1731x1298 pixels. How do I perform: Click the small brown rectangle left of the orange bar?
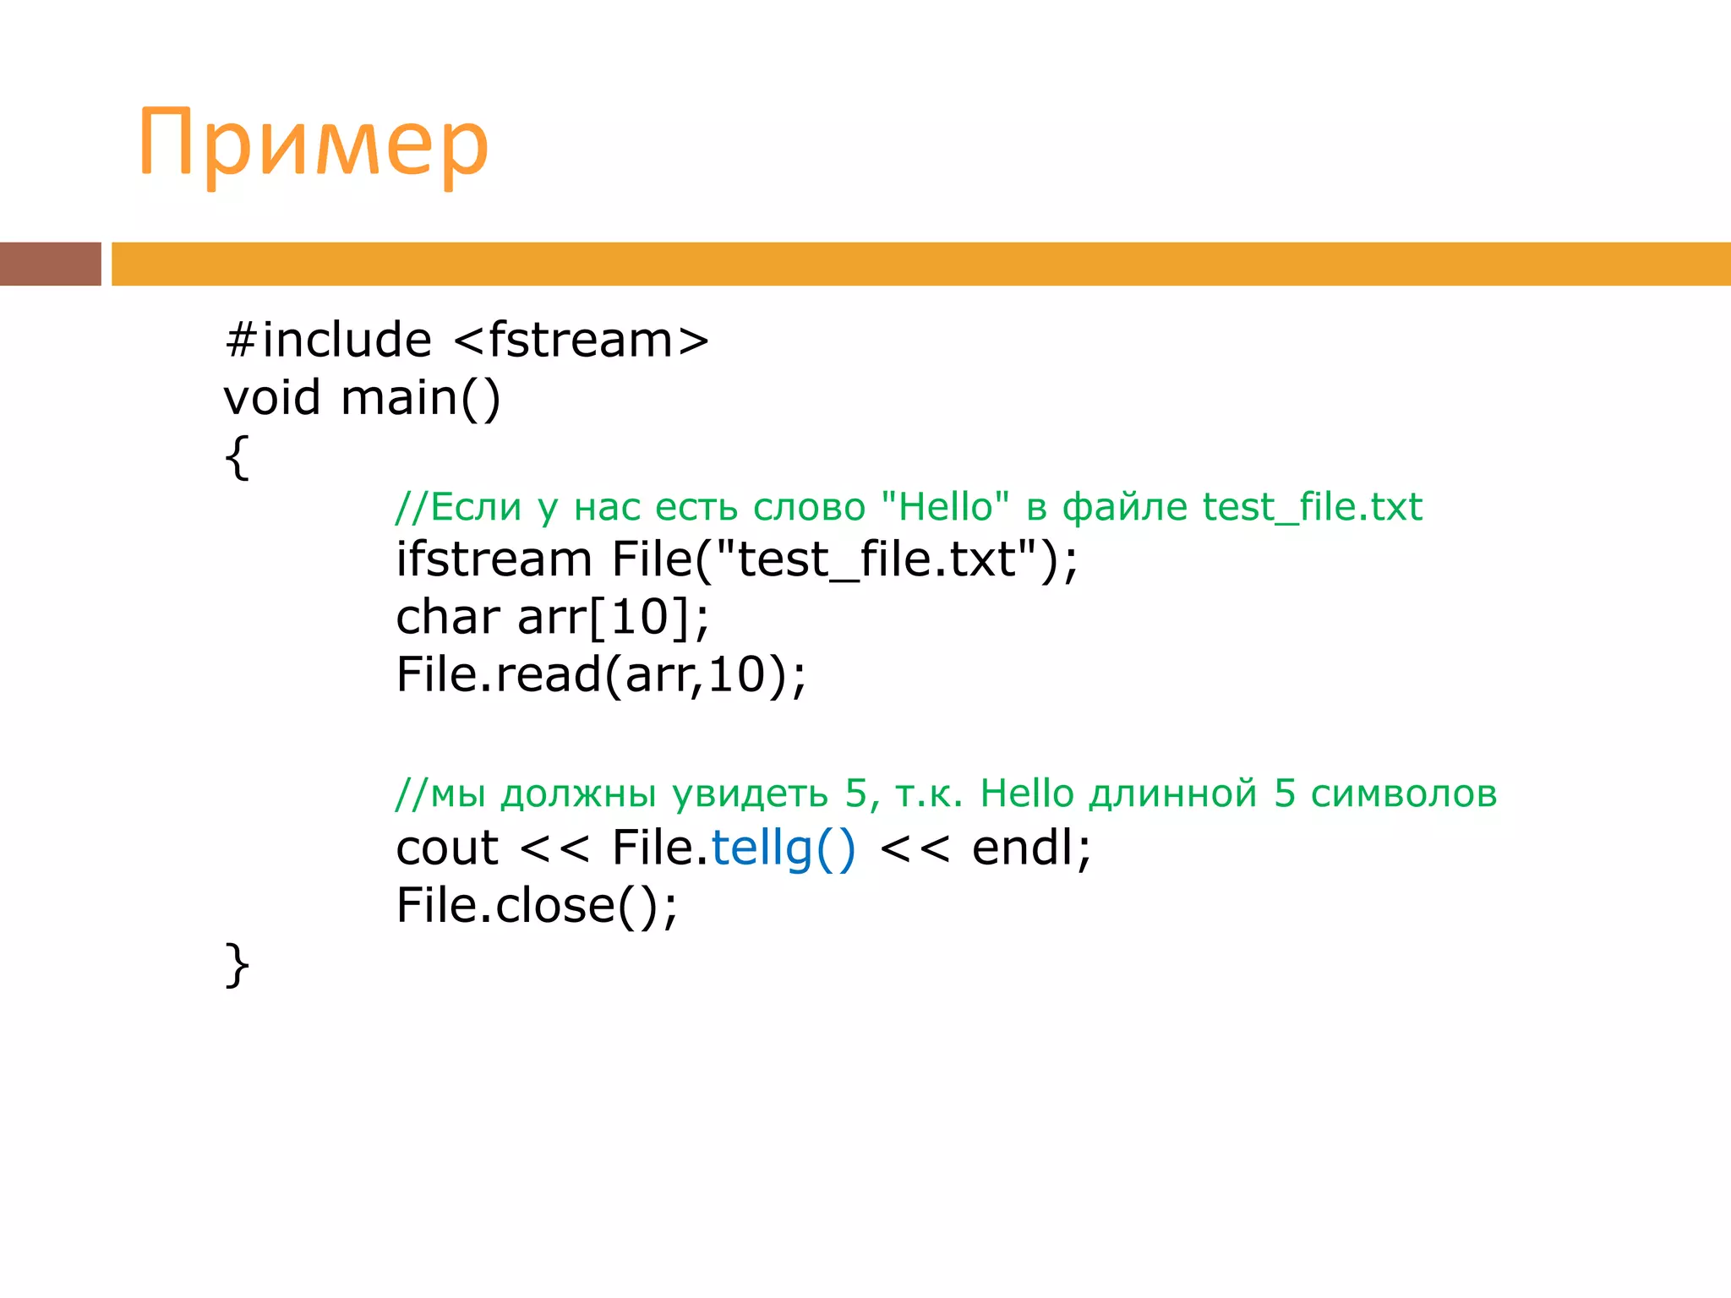click(50, 264)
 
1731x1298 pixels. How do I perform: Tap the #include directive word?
click(329, 340)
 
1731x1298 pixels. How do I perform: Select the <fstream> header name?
click(582, 340)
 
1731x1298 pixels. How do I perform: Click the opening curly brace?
click(238, 457)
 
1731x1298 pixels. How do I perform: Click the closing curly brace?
click(238, 964)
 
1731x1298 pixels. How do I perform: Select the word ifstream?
click(494, 559)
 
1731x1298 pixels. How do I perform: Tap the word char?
click(447, 617)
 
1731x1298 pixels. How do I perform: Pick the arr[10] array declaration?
click(613, 617)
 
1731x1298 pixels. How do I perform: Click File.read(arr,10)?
click(601, 674)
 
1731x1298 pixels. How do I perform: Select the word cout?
click(447, 848)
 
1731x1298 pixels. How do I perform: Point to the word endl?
click(1022, 848)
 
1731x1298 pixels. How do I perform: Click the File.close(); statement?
click(537, 905)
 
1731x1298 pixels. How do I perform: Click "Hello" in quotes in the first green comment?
click(945, 507)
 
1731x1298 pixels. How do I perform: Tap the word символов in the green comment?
click(1404, 794)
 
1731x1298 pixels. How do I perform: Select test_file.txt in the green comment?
click(1312, 507)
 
